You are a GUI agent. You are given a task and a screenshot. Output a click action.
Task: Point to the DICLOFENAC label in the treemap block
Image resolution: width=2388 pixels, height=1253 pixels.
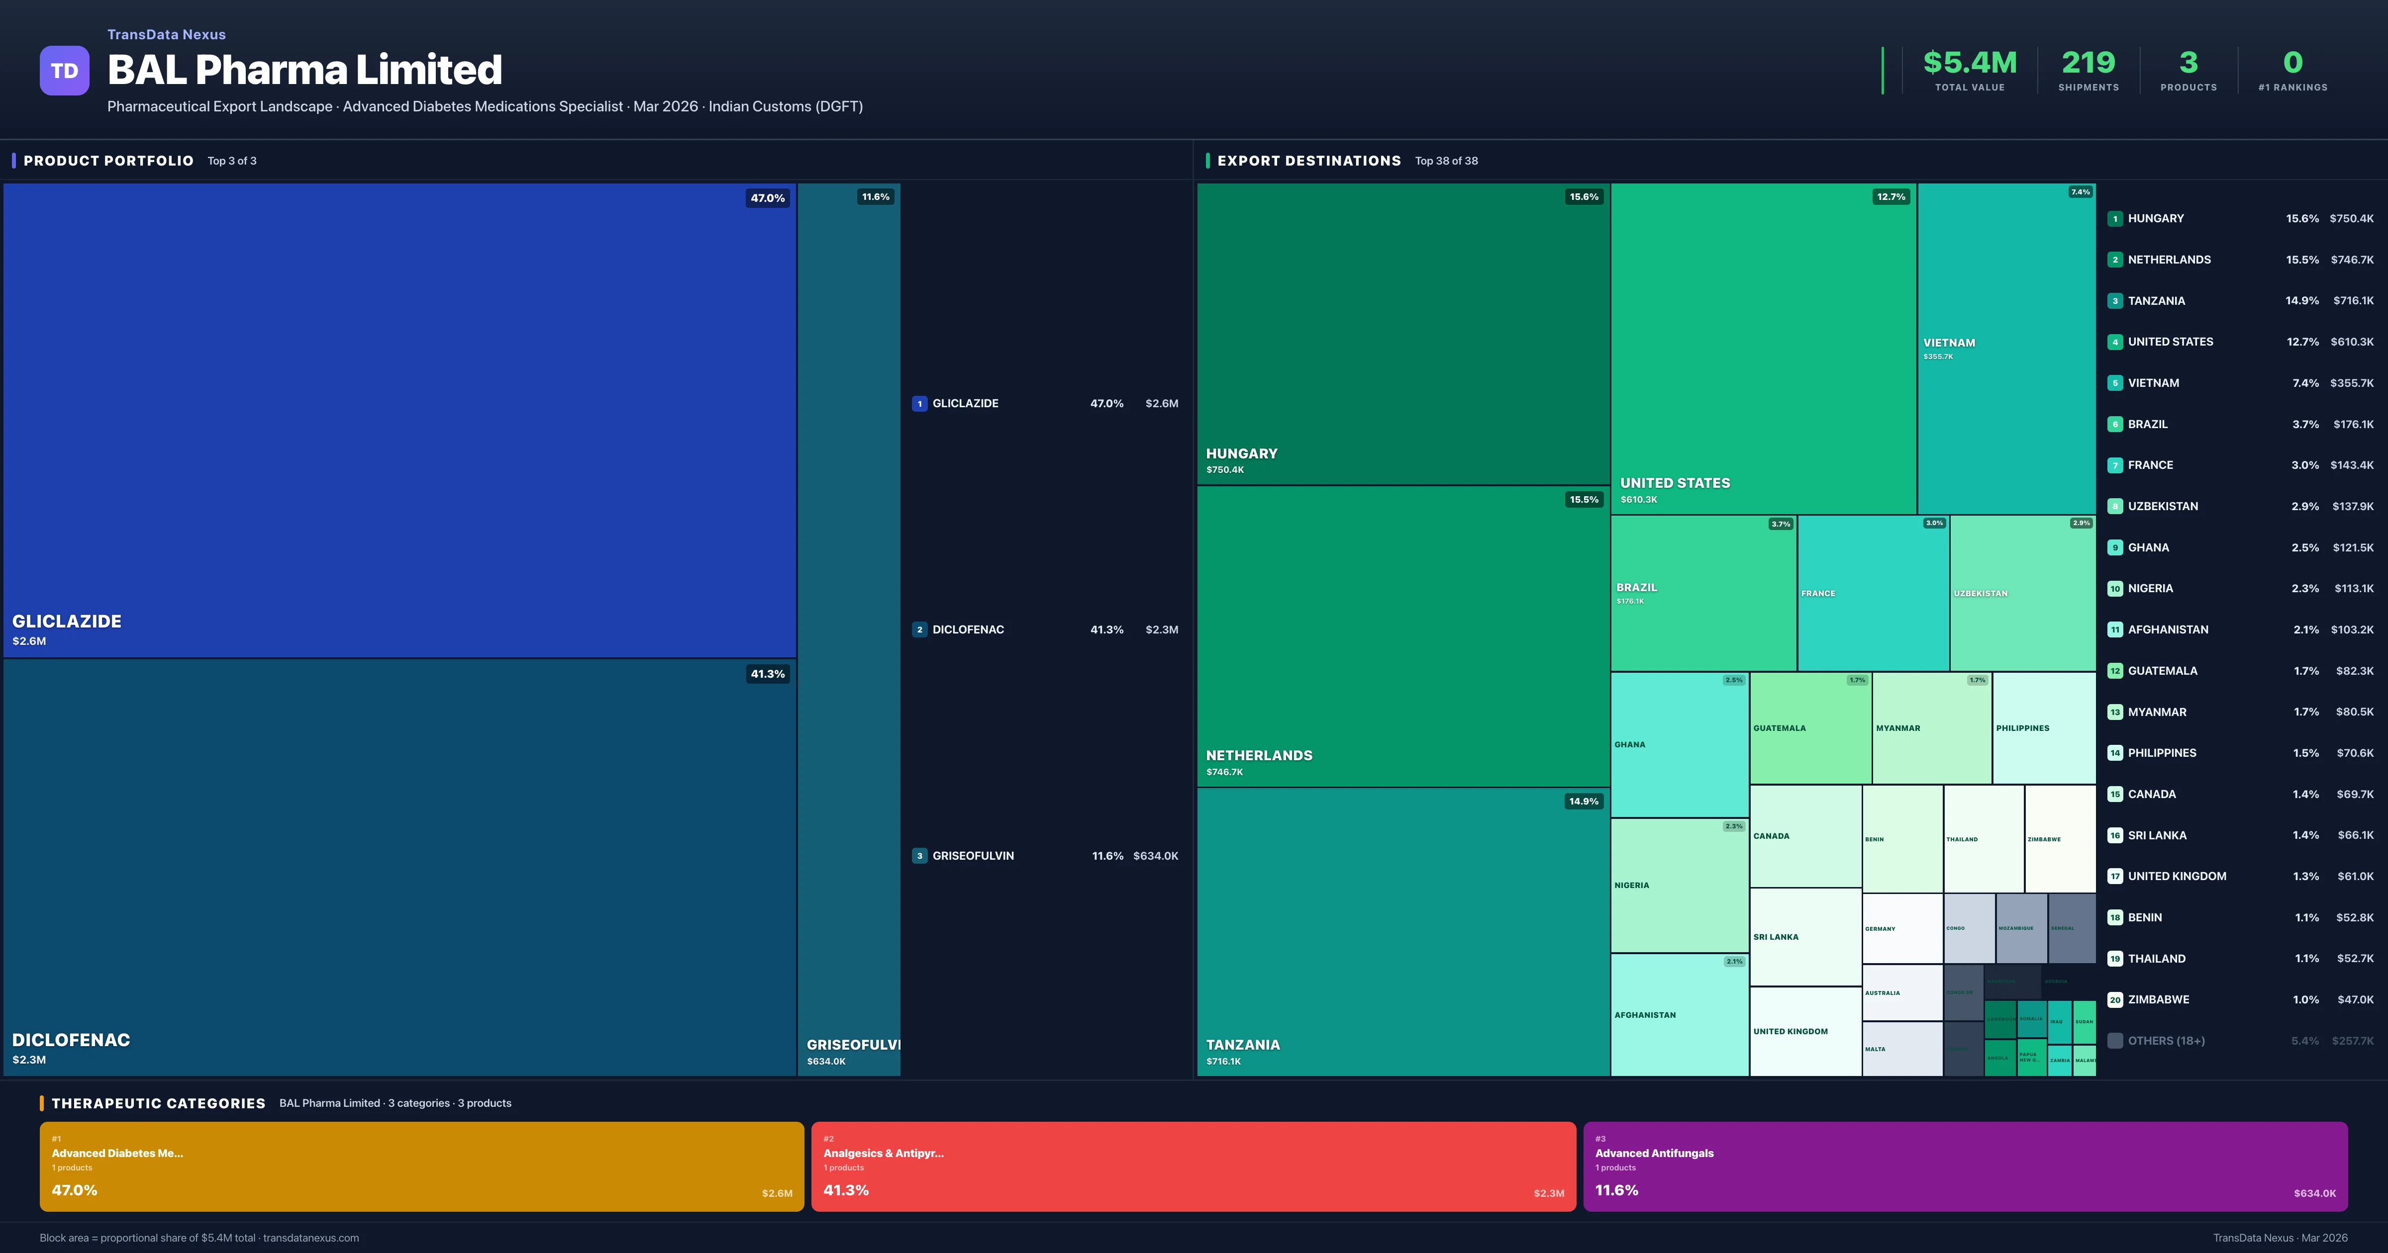[x=71, y=1040]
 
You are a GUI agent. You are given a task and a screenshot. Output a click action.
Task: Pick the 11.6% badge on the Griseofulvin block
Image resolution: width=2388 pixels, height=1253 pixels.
[x=875, y=196]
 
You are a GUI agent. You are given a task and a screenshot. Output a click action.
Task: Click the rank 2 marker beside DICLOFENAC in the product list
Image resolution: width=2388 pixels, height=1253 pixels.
[x=919, y=629]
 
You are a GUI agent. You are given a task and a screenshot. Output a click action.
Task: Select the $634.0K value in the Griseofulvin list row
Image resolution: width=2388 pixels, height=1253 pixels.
[x=1155, y=855]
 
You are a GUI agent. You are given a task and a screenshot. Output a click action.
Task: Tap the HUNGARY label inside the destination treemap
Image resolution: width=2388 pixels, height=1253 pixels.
[x=1241, y=453]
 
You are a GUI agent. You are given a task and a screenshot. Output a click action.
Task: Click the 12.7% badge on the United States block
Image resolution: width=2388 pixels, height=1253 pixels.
[x=1890, y=196]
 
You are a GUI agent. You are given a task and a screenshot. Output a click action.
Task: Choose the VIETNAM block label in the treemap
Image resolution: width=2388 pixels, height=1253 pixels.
[x=1949, y=343]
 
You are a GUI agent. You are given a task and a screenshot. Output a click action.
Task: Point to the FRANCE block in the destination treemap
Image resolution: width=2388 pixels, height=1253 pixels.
[x=1873, y=593]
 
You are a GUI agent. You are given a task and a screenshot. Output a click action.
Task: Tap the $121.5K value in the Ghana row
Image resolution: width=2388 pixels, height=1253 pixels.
[x=2353, y=548]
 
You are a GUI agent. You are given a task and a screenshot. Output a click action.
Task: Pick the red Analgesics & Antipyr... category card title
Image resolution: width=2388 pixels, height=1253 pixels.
[x=883, y=1153]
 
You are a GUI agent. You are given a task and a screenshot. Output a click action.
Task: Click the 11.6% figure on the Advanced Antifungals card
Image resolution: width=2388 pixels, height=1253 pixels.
[x=1616, y=1190]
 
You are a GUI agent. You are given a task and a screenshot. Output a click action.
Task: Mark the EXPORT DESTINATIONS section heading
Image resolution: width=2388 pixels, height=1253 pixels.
[x=1308, y=161]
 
